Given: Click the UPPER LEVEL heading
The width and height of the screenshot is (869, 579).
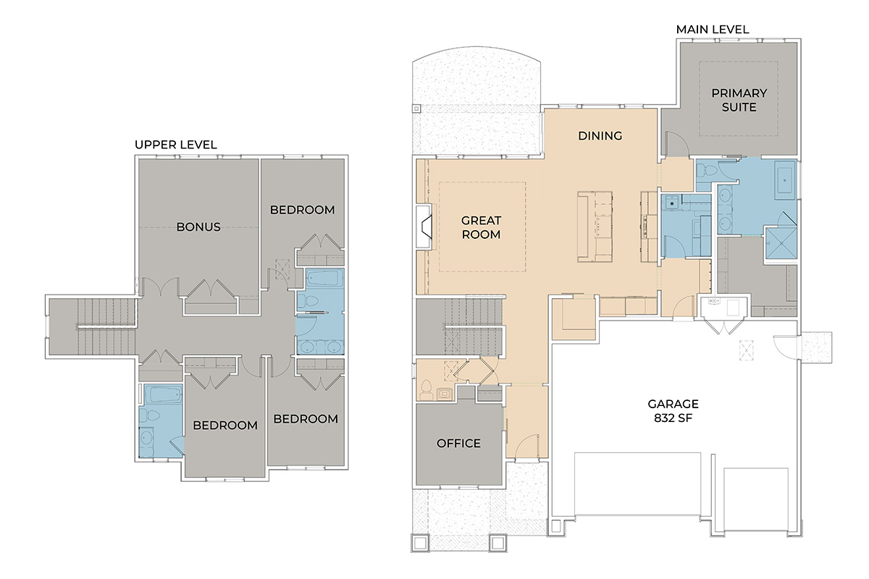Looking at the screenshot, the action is click(x=176, y=145).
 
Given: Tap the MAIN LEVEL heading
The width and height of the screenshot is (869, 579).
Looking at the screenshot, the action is click(x=713, y=30).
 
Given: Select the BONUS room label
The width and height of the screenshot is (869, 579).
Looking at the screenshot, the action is click(x=198, y=227).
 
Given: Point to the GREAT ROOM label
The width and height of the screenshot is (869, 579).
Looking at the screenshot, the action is click(x=481, y=227).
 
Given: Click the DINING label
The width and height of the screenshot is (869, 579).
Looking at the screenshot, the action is click(x=600, y=136).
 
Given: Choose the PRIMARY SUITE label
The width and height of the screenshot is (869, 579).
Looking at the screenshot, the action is click(x=739, y=100).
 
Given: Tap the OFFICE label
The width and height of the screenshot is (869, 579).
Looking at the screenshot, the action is click(x=458, y=443).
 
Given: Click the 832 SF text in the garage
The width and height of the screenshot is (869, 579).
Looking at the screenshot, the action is click(x=673, y=418).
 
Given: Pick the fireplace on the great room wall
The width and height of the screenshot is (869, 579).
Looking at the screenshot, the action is click(x=424, y=227).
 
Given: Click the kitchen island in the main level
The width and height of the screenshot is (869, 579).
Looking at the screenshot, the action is click(x=595, y=227).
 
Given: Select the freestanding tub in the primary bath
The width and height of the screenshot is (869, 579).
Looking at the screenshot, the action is click(x=785, y=180).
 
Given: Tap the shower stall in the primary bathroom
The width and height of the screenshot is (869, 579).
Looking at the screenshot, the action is click(x=781, y=242).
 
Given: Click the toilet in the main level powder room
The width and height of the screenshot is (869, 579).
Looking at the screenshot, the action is click(x=426, y=390).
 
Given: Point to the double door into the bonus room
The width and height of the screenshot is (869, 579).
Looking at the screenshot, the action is click(x=161, y=287).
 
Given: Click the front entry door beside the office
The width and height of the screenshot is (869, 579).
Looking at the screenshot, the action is click(x=527, y=446).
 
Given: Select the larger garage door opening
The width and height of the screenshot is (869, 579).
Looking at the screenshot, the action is click(x=637, y=484).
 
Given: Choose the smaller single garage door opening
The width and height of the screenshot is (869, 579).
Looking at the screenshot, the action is click(x=756, y=499).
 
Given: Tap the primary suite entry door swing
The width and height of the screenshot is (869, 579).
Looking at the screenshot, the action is click(x=677, y=144).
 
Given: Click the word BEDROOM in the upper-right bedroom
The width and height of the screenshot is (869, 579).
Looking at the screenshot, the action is click(x=302, y=210).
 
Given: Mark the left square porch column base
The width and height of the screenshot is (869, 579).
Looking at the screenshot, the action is click(x=420, y=543).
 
